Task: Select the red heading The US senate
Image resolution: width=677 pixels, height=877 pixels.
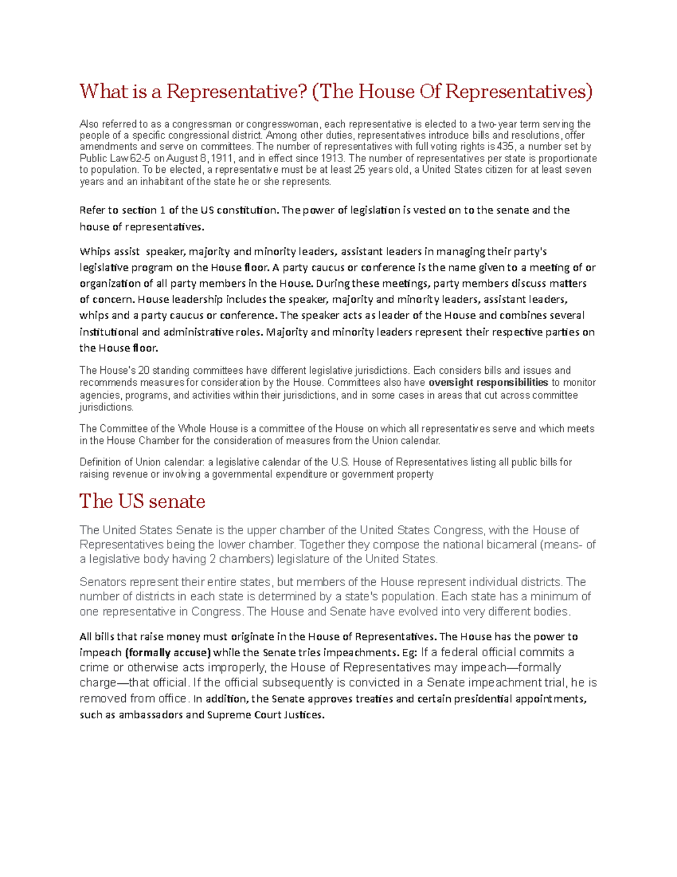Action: click(x=142, y=501)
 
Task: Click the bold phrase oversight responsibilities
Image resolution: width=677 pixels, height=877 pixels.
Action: click(x=488, y=382)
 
